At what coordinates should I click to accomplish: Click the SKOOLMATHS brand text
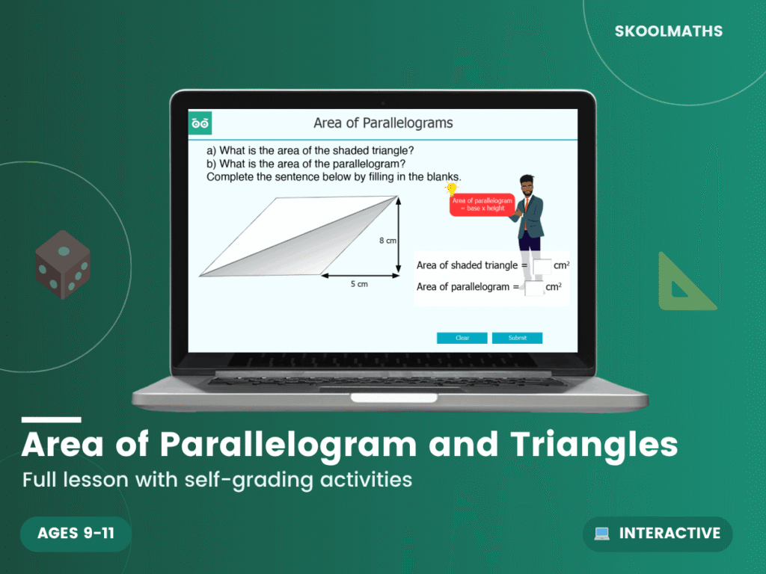coord(669,31)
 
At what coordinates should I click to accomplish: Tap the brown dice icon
coord(63,264)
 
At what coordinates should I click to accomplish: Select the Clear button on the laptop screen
coord(462,338)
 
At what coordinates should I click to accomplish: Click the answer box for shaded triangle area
coord(542,265)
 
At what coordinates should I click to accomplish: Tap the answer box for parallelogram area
coord(533,287)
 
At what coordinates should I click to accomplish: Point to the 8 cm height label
coord(387,241)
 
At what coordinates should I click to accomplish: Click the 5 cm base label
coord(359,285)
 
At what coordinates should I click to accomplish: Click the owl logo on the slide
coord(200,123)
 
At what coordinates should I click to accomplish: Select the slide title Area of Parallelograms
coord(383,123)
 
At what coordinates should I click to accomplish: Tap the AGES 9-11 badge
coord(76,534)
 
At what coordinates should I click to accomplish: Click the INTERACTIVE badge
coord(658,534)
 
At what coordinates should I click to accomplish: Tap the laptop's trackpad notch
coord(382,397)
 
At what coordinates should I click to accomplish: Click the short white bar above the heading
coord(51,420)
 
